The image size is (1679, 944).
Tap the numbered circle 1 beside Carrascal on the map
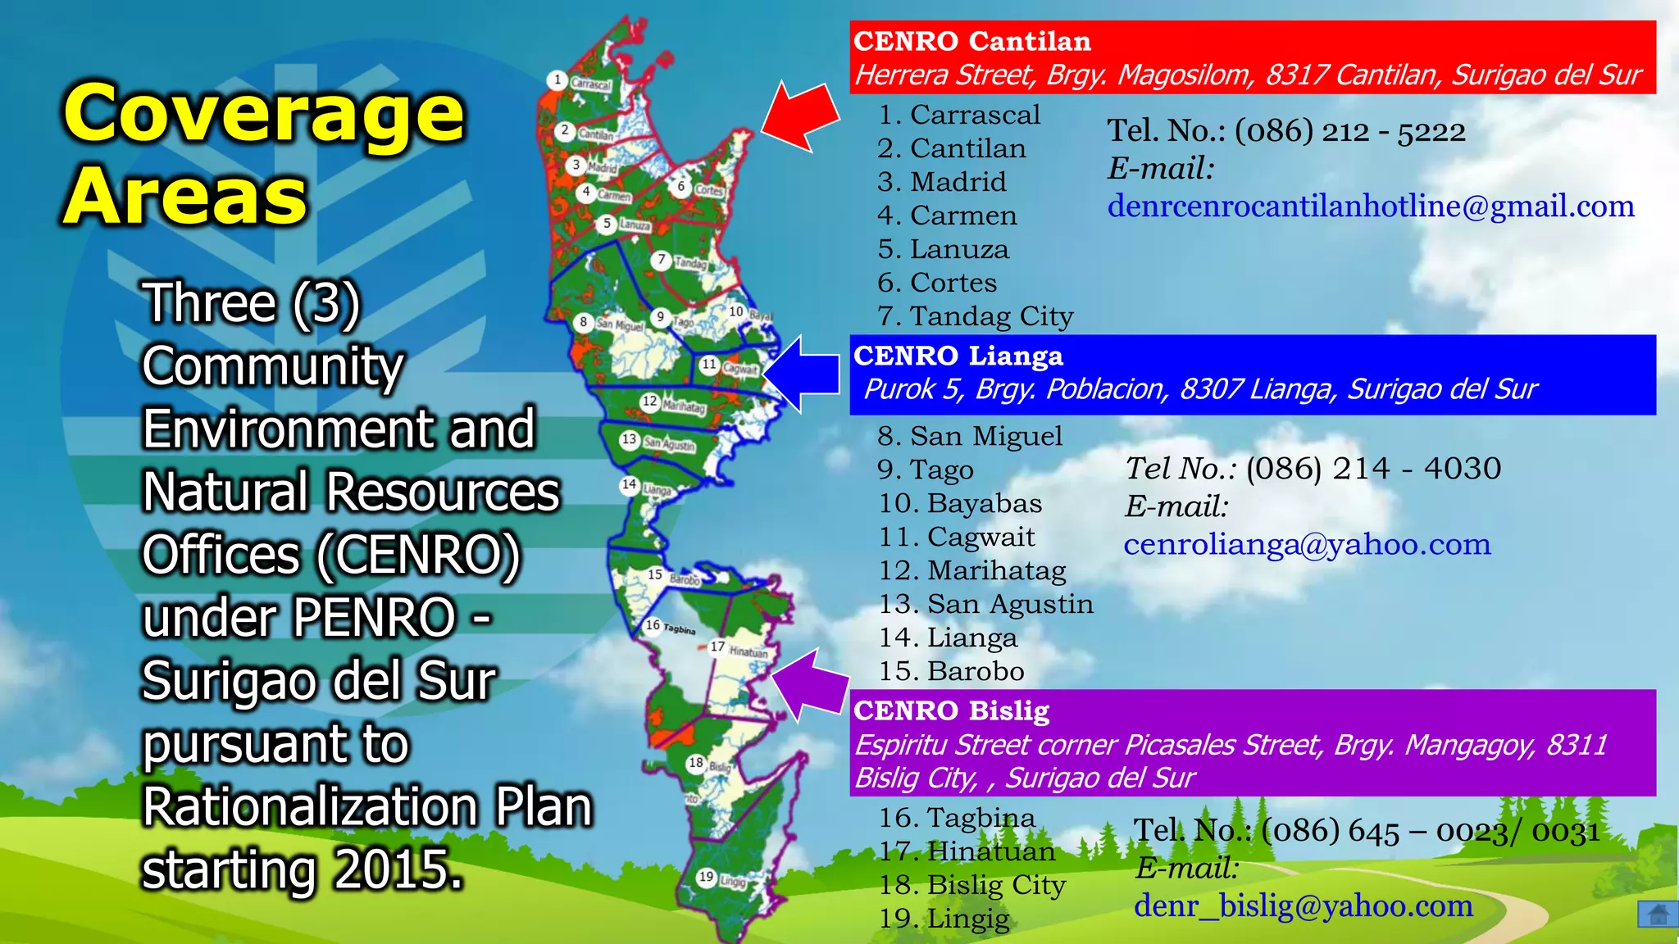point(557,80)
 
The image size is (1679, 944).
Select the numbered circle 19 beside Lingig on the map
point(706,877)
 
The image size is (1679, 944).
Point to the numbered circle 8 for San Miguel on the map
point(583,322)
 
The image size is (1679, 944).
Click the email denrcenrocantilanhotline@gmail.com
point(1371,206)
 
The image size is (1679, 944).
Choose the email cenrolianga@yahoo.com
point(1307,544)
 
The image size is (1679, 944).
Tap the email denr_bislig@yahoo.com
point(1304,905)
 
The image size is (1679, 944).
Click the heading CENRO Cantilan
point(972,41)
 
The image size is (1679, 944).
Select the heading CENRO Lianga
point(958,356)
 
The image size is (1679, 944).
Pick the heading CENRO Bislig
point(951,710)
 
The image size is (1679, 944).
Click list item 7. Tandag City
point(976,316)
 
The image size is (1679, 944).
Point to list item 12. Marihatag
point(972,570)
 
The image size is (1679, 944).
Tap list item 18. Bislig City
point(972,885)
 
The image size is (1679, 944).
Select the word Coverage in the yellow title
point(264,115)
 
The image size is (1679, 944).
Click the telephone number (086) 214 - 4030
point(1373,469)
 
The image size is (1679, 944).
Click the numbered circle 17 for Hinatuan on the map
point(717,647)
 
